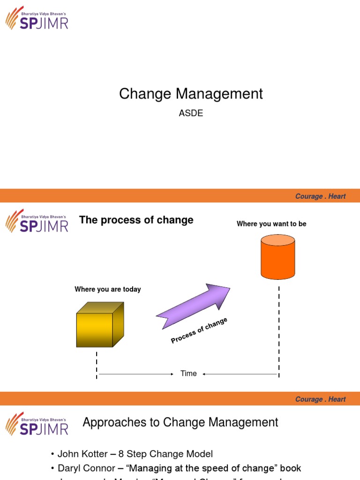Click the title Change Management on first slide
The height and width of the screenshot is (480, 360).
pyautogui.click(x=191, y=94)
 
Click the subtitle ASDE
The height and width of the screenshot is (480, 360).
pyautogui.click(x=191, y=113)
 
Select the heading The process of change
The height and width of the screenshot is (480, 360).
pyautogui.click(x=136, y=220)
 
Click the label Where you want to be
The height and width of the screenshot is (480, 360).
pyautogui.click(x=271, y=224)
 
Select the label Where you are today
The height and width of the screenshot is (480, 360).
pyautogui.click(x=107, y=289)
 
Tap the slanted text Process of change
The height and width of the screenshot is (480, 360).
pyautogui.click(x=199, y=330)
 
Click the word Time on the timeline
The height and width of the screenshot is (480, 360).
pyautogui.click(x=188, y=374)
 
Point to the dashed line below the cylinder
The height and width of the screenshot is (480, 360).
pyautogui.click(x=279, y=328)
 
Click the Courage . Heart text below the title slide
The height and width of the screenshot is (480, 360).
pyautogui.click(x=320, y=196)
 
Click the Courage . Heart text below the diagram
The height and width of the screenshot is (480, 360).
pyautogui.click(x=320, y=399)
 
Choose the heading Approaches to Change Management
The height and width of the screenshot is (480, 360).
pyautogui.click(x=180, y=422)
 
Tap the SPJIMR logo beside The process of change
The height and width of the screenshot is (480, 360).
pyautogui.click(x=37, y=221)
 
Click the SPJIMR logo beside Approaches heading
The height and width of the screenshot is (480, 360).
pyautogui.click(x=37, y=424)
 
